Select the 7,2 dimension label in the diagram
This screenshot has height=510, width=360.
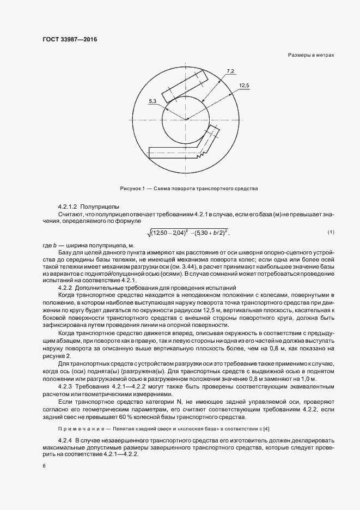pos(230,71)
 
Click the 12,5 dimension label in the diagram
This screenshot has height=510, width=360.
pos(243,86)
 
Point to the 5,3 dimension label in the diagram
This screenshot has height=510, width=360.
pos(151,101)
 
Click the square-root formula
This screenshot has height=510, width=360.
pos(188,233)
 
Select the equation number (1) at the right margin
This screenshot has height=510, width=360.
pos(330,233)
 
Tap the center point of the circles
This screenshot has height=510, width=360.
pos(187,118)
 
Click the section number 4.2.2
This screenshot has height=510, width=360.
pos(65,287)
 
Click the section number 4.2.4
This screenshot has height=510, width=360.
pos(65,439)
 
